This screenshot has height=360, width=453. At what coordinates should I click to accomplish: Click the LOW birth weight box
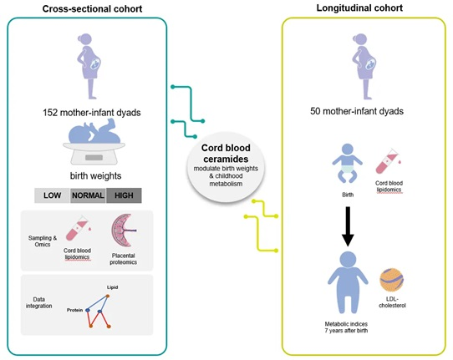[52, 195]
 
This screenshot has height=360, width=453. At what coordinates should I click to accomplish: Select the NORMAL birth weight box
[88, 195]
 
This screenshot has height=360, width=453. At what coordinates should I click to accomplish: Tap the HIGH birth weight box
[124, 195]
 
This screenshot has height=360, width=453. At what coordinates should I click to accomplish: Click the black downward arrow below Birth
[348, 226]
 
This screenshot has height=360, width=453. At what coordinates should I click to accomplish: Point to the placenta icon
[124, 231]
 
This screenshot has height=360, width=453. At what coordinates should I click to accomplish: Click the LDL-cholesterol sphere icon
[392, 280]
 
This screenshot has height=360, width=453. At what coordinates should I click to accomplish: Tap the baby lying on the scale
[94, 132]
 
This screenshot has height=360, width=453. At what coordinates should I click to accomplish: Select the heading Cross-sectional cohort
[92, 9]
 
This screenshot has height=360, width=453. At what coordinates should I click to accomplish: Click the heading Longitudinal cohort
[359, 8]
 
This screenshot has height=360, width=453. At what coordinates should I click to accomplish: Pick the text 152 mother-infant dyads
[92, 112]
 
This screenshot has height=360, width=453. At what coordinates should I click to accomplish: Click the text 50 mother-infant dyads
[357, 111]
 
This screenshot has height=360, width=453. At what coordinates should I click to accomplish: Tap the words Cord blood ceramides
[226, 154]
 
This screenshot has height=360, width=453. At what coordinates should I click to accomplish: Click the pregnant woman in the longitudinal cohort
[364, 66]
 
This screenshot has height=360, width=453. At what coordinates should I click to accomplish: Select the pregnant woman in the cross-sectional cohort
[89, 66]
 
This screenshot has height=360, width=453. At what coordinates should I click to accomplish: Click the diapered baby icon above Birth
[347, 164]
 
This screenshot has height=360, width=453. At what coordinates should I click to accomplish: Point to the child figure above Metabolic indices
[348, 282]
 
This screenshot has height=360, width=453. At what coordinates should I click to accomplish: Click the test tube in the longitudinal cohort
[388, 161]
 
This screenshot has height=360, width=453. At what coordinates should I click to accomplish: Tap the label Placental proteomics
[124, 259]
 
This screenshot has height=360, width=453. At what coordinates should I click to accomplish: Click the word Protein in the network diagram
[74, 310]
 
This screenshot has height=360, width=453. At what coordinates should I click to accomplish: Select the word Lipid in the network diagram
[112, 287]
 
